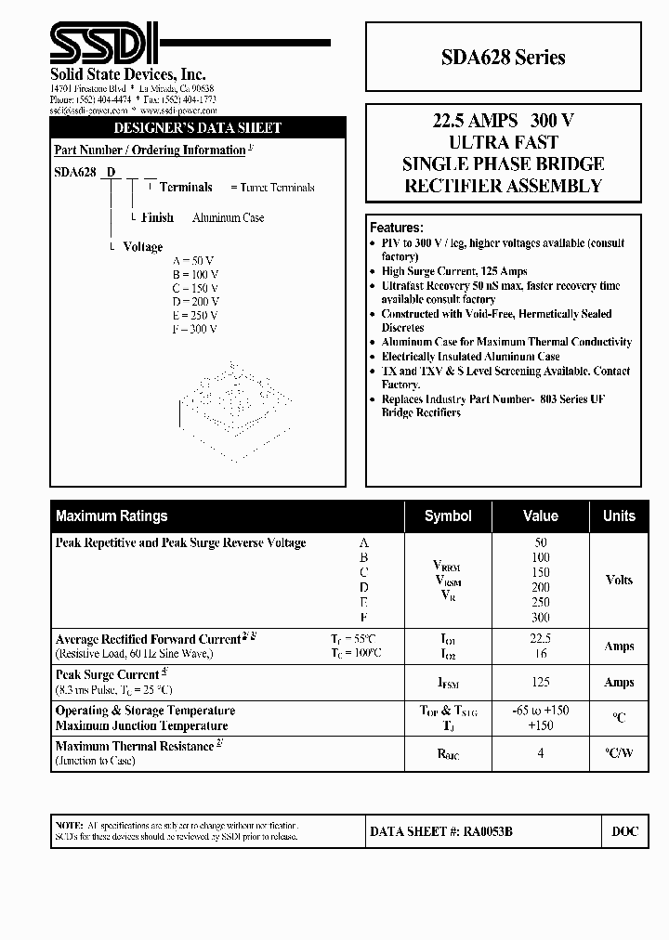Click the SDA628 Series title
[x=503, y=58]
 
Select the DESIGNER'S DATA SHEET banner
[x=197, y=127]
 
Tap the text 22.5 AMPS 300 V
[x=503, y=121]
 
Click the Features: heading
[x=397, y=228]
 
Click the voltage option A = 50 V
[x=193, y=261]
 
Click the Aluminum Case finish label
[x=228, y=217]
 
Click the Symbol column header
[x=448, y=516]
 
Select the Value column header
[x=540, y=516]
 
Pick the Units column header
[x=619, y=516]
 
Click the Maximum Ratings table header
[x=111, y=516]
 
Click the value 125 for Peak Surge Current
[x=540, y=682]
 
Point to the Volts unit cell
[x=619, y=580]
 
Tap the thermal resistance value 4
[x=540, y=753]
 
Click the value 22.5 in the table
[x=540, y=639]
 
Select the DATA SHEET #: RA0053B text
[x=441, y=832]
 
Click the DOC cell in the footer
[x=624, y=832]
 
